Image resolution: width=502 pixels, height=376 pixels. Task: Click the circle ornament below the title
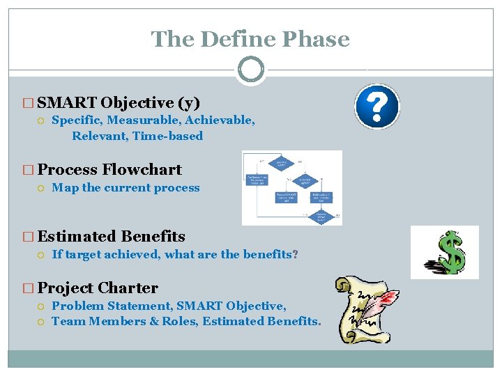(250, 70)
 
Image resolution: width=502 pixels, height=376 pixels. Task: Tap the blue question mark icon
(376, 107)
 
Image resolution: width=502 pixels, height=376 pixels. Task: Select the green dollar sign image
(444, 252)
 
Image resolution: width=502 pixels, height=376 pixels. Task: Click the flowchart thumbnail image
(291, 187)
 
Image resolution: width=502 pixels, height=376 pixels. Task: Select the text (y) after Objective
(188, 103)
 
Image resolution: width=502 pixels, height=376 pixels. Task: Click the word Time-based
(167, 136)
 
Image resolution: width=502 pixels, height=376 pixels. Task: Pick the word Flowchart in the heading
(142, 170)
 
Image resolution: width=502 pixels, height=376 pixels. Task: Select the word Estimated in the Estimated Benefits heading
(77, 237)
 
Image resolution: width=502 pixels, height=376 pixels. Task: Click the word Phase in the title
(317, 39)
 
